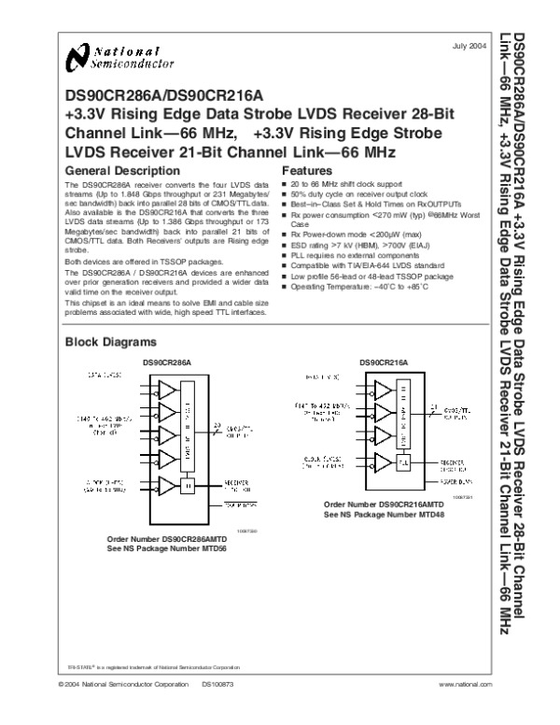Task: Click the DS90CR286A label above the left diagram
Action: (x=166, y=362)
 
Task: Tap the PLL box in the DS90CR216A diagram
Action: (x=404, y=460)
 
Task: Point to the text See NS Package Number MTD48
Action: (x=383, y=513)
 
